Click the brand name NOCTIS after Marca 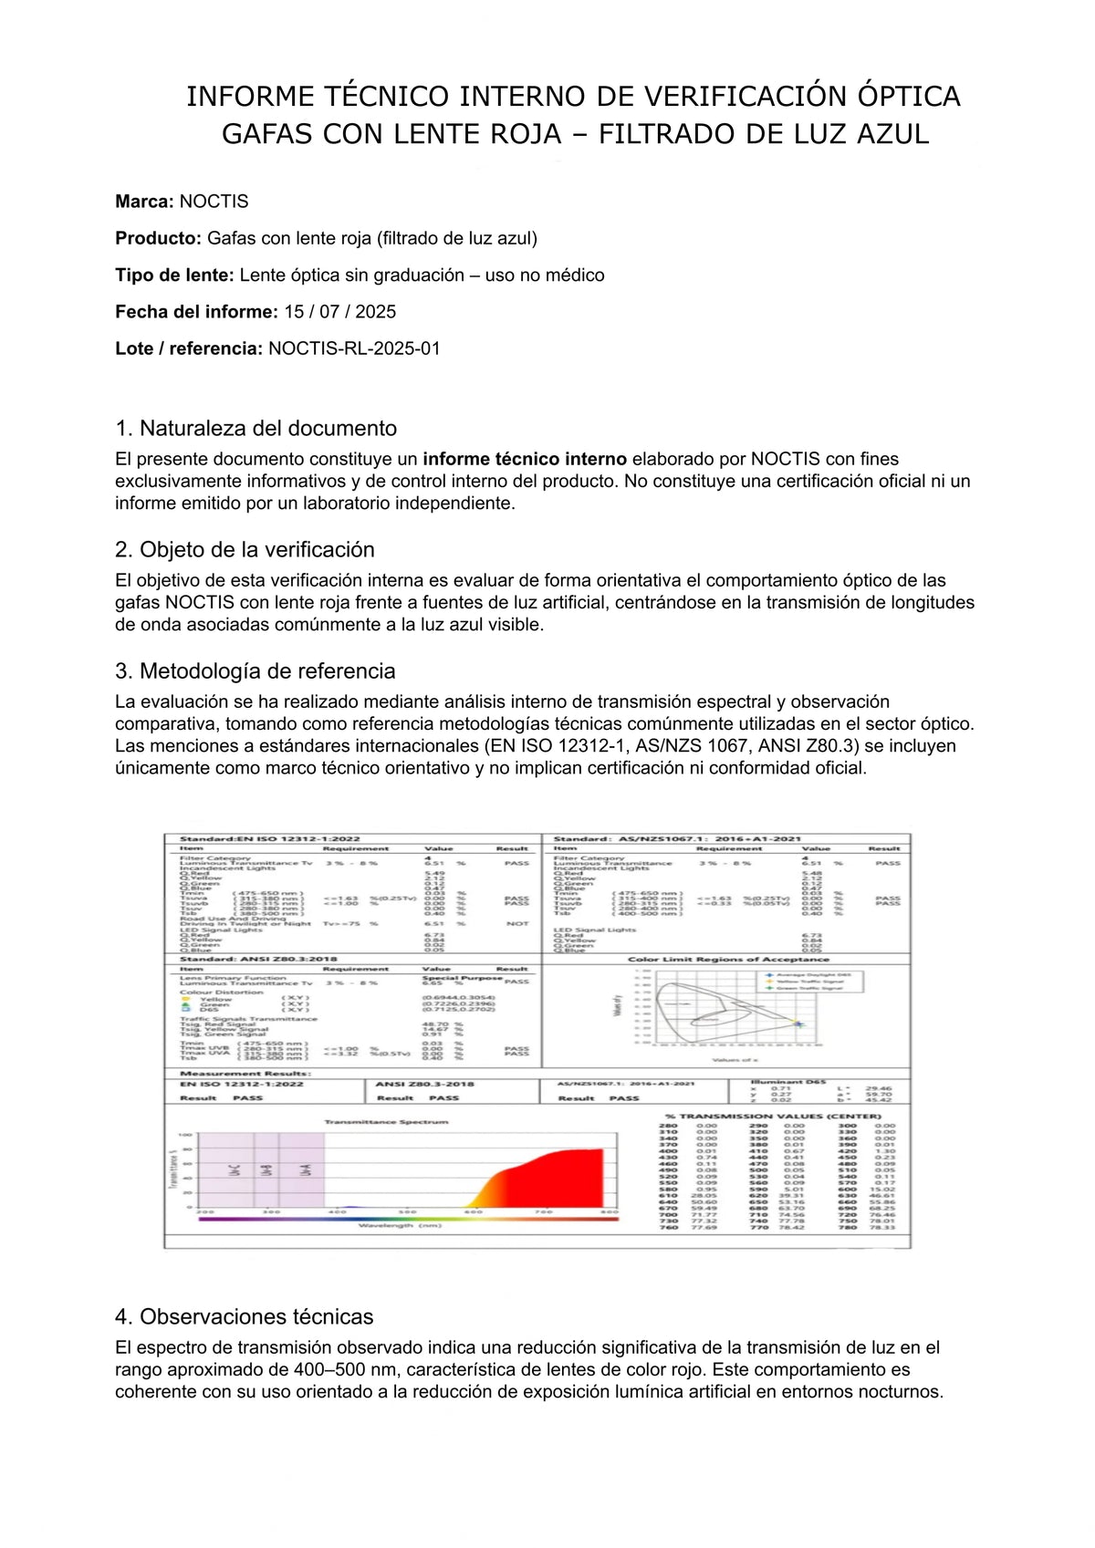pos(214,202)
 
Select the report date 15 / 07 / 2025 pos(339,312)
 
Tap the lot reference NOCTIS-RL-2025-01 pos(354,348)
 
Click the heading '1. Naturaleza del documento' pos(255,429)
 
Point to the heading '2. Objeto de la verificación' pos(245,550)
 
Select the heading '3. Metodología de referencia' pos(255,671)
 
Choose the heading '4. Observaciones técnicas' pos(244,1317)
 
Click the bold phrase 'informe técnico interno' pos(525,459)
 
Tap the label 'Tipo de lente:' pos(174,275)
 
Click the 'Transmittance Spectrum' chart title pos(386,1121)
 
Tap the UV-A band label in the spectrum pos(307,1169)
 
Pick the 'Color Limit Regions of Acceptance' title pos(728,959)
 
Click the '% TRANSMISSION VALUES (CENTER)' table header pos(773,1116)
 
